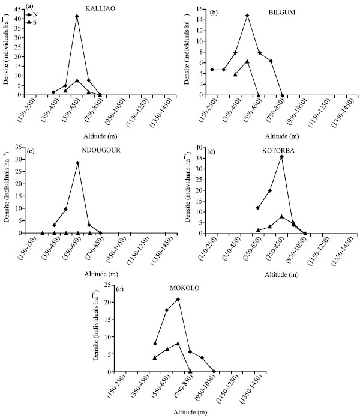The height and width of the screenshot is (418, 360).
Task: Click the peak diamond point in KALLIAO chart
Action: tap(77, 16)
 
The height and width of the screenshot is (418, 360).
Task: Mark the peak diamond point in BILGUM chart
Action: tap(247, 16)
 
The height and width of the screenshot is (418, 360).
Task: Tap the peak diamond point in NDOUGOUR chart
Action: tap(77, 163)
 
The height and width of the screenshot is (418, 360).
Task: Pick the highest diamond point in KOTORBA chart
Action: tap(281, 157)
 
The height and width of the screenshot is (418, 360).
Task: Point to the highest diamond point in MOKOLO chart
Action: tap(178, 299)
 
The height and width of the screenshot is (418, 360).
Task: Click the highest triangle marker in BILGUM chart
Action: tap(247, 61)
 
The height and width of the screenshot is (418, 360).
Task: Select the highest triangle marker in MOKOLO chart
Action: tap(178, 344)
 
